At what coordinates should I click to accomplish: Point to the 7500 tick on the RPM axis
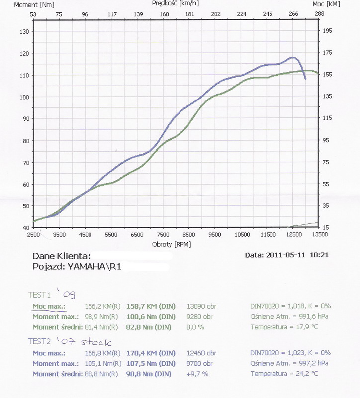click(x=163, y=234)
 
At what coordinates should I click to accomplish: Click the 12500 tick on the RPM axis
click(x=293, y=234)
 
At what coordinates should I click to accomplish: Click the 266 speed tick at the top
click(x=293, y=14)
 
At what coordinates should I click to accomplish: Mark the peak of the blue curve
click(x=292, y=58)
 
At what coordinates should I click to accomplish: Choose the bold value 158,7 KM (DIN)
click(x=151, y=306)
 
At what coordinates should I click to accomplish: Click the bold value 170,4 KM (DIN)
click(x=151, y=353)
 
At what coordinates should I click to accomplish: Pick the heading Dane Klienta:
click(x=61, y=256)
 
